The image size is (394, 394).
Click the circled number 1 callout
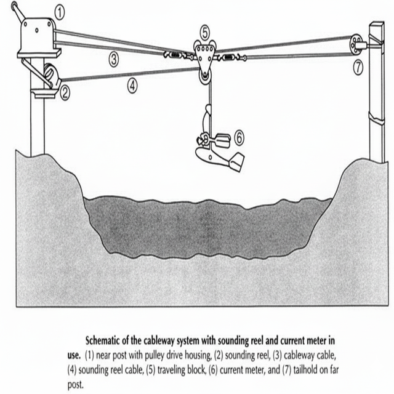coord(60,13)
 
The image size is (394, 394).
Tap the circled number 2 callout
coord(65,94)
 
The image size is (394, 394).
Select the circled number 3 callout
coord(114,60)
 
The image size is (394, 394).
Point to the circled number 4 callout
coord(132,86)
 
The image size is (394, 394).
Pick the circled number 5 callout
coord(205,33)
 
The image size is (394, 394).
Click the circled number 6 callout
coord(239,138)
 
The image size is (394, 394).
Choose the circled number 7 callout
coord(358,68)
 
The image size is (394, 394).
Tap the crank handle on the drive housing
coord(18,10)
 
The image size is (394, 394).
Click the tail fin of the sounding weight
coord(236,163)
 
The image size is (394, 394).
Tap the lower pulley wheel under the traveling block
coord(205,76)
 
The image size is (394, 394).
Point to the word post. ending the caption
coord(75,385)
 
